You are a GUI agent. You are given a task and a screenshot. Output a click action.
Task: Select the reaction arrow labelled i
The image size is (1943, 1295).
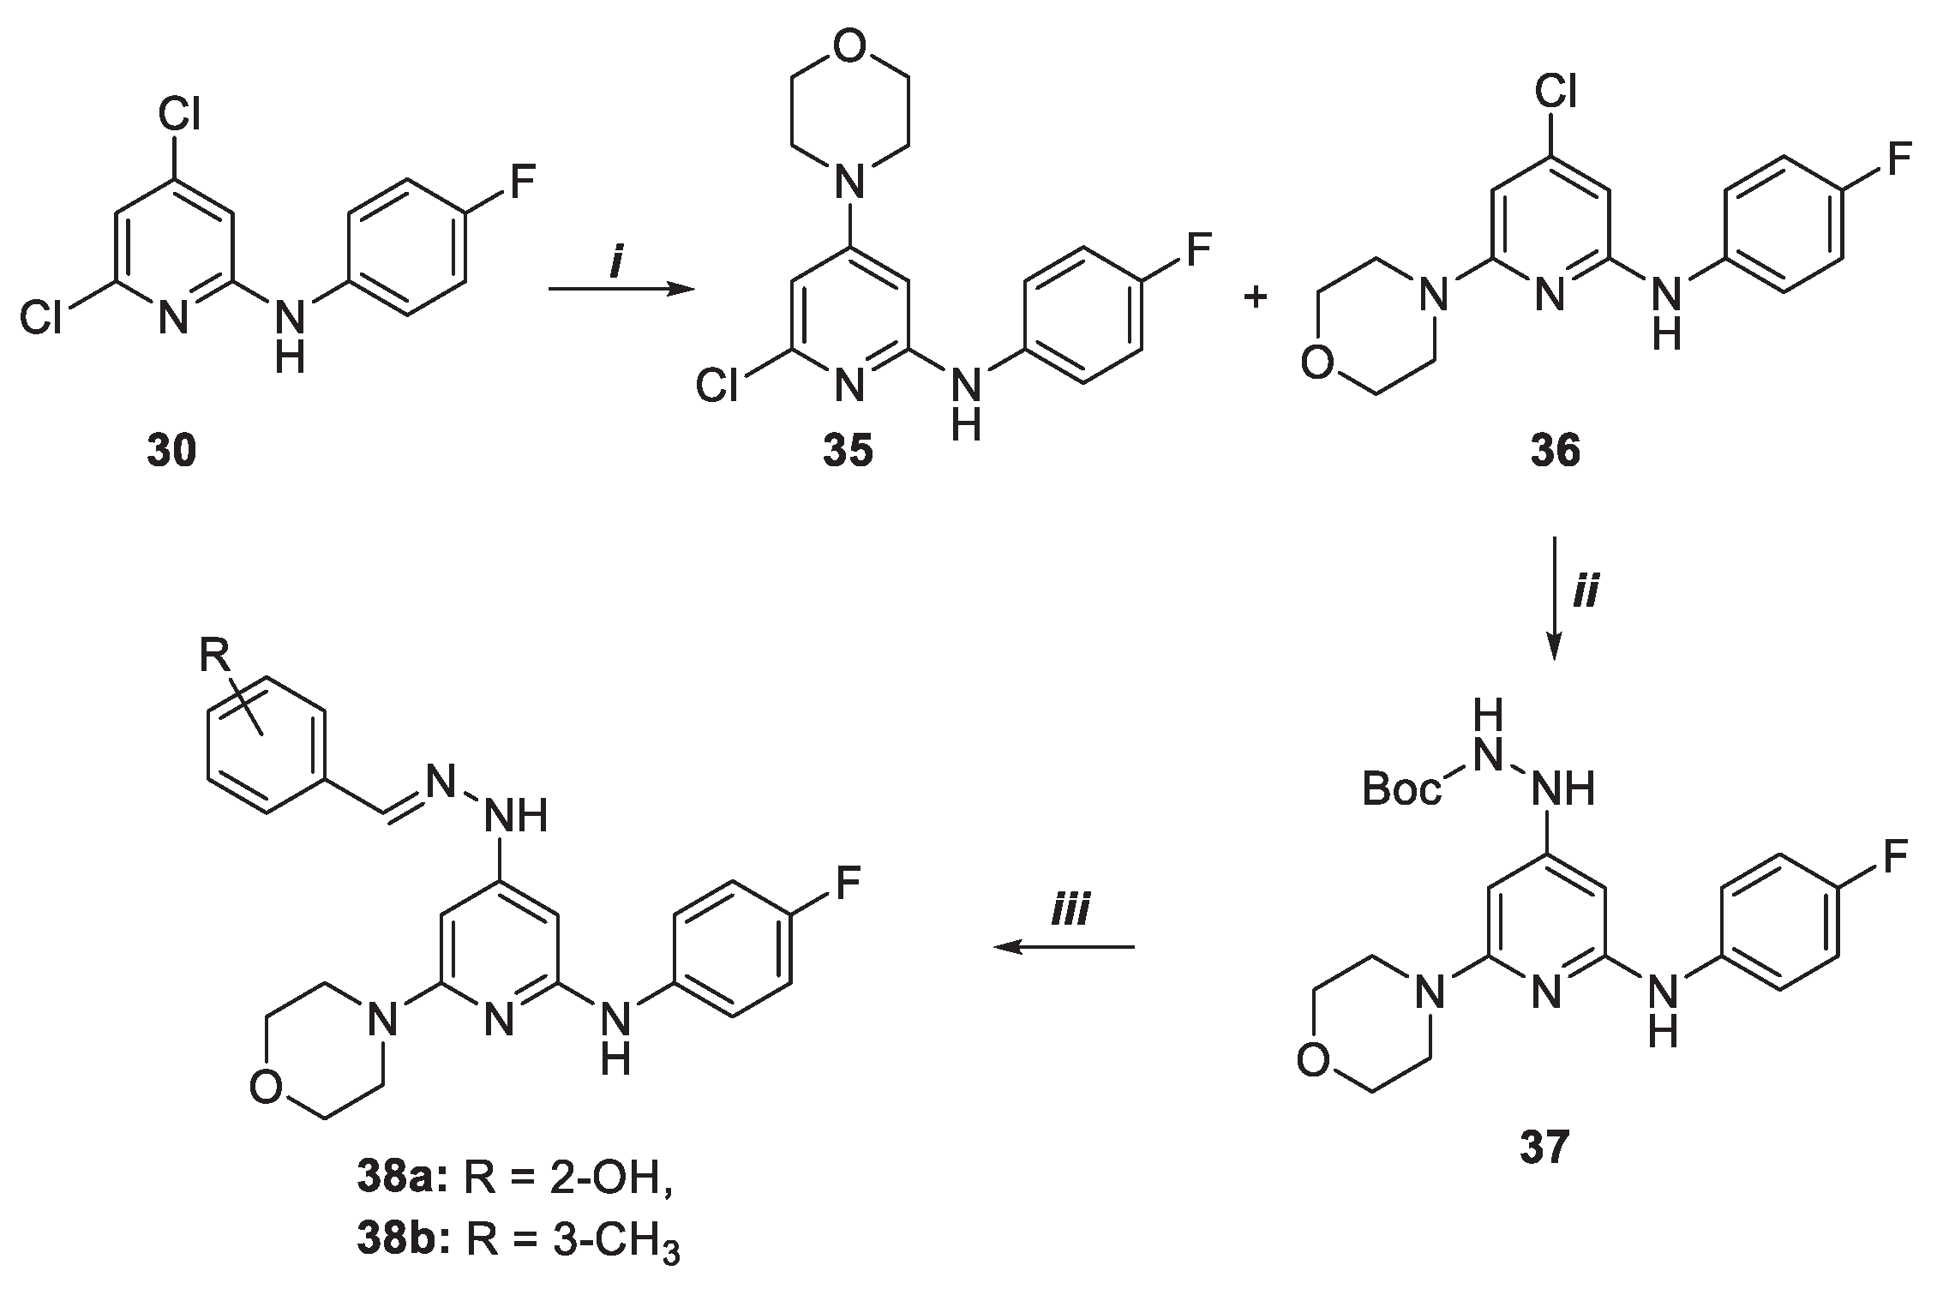click(621, 290)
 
